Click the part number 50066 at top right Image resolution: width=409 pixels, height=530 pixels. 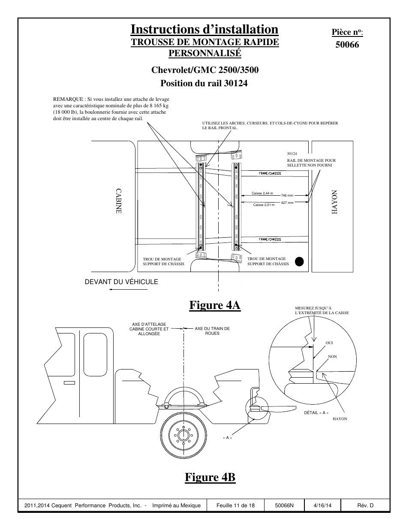point(347,45)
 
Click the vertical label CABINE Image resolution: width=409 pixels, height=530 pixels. point(118,201)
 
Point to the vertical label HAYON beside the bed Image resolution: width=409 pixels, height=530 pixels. point(334,202)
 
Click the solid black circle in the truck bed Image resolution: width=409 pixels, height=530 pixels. point(299,262)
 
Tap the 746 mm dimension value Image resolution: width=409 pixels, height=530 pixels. point(287,195)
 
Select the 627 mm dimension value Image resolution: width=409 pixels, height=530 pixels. point(287,203)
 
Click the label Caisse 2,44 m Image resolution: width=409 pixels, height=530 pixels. point(262,193)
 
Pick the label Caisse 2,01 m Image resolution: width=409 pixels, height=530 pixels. point(264,205)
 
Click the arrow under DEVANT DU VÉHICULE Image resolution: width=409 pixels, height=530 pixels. point(128,289)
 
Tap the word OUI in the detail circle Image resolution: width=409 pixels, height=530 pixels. point(329,343)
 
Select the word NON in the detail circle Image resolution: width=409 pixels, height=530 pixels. point(332,357)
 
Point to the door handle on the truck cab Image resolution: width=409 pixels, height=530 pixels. point(69,383)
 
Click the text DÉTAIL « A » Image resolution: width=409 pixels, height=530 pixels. point(316,413)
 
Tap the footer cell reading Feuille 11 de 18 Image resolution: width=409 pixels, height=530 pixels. point(235,506)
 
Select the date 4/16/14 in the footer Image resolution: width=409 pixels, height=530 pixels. point(322,506)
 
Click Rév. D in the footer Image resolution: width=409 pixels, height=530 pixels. point(365,506)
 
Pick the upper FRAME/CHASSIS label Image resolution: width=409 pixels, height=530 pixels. point(270,173)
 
